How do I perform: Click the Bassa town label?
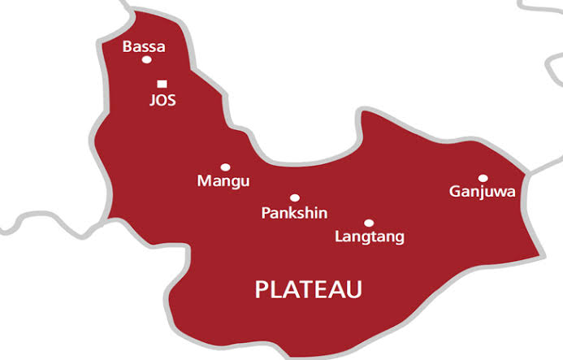point(144,47)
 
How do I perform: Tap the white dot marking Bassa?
point(146,59)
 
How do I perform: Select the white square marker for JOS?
point(162,83)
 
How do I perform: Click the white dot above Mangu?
point(225,167)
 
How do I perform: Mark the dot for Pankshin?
point(294,197)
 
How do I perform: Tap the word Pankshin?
point(294,213)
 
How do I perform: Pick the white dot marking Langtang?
point(369,223)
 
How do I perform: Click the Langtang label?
point(370,237)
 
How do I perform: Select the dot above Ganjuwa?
point(483,178)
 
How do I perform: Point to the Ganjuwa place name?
point(483,192)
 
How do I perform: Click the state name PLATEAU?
point(309,289)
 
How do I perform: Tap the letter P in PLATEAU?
point(262,289)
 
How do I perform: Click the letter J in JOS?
point(153,101)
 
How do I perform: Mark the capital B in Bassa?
point(127,47)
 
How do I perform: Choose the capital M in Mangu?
point(204,180)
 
